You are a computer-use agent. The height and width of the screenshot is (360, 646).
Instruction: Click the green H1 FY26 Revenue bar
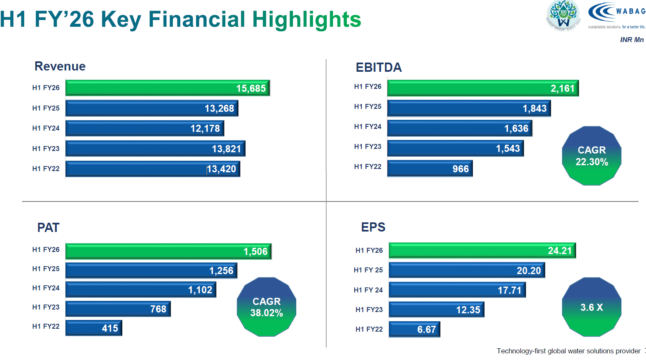coord(167,88)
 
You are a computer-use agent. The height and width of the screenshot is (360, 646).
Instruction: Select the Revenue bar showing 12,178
coord(144,128)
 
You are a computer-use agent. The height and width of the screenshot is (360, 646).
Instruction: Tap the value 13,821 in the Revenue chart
coord(226,149)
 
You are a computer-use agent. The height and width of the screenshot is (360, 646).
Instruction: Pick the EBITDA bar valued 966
coord(430,169)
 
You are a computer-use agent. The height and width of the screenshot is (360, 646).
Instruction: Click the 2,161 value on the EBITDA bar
coord(562,88)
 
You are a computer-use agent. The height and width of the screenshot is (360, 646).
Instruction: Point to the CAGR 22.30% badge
coord(591,156)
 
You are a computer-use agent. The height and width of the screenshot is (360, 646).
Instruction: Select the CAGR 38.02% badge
coord(266,307)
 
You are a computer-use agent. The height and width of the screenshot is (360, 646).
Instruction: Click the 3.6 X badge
coord(591,307)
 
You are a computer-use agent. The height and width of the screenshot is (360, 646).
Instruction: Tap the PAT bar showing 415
coord(93,328)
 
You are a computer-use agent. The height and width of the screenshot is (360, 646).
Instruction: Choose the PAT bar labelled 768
coord(118,309)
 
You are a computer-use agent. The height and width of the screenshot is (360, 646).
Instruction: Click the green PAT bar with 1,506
coord(168,252)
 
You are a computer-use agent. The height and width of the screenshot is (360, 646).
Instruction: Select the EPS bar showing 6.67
coord(414,329)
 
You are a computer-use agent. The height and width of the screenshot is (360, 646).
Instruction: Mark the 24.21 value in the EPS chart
coord(559,251)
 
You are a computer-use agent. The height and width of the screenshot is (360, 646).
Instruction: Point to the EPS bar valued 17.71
coord(457,290)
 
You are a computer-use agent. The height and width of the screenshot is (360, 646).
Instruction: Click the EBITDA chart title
coord(379,67)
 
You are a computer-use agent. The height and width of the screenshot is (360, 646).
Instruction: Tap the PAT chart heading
coord(48,228)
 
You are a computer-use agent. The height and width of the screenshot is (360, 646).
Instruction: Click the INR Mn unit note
coord(631,40)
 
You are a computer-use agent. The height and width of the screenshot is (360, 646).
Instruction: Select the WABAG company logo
coord(616,15)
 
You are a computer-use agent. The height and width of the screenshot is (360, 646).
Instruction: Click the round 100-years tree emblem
coord(563,15)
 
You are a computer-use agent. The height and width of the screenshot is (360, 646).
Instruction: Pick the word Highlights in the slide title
coord(306,19)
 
